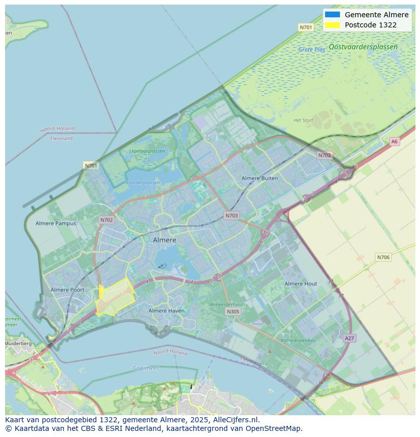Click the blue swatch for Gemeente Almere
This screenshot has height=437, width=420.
click(333, 15)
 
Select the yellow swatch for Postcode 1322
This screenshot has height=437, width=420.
click(333, 25)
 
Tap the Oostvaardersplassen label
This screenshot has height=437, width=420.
click(363, 47)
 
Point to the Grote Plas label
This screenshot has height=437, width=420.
click(311, 50)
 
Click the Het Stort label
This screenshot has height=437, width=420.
click(303, 120)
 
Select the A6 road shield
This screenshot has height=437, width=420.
click(394, 142)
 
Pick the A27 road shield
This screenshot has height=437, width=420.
click(349, 338)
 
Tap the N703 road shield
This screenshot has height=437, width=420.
click(231, 216)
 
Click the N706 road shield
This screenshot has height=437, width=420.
click(383, 257)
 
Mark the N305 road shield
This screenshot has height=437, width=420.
click(233, 312)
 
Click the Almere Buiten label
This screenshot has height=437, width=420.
click(260, 178)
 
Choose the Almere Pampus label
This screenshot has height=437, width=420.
click(56, 223)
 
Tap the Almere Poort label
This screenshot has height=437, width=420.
click(67, 290)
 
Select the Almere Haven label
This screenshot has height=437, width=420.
click(167, 311)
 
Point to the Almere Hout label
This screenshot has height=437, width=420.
click(301, 284)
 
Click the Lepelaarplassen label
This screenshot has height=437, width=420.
click(147, 151)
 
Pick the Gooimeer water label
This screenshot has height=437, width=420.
click(146, 368)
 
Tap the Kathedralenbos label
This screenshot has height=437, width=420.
click(298, 341)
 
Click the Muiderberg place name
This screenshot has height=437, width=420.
click(18, 344)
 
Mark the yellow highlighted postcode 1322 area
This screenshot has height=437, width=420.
click(115, 297)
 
